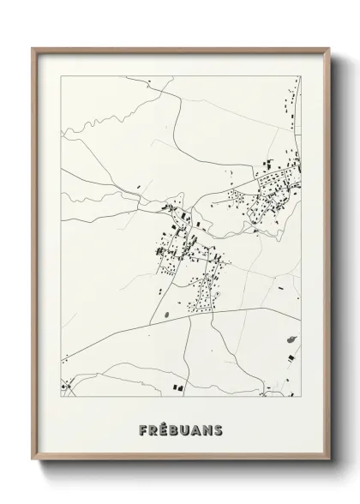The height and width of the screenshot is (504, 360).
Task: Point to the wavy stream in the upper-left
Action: (103, 129)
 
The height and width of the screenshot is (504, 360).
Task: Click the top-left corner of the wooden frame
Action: (33, 47)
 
